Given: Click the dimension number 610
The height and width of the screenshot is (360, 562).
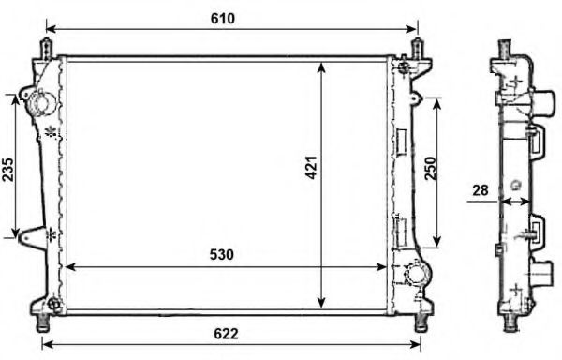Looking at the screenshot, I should (223, 18).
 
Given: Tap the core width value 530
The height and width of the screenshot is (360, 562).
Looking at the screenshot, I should (221, 254).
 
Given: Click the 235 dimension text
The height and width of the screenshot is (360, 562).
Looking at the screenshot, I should (8, 169).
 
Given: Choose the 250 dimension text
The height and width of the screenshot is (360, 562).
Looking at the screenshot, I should (431, 168).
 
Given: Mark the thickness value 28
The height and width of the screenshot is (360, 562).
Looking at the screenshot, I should (481, 190).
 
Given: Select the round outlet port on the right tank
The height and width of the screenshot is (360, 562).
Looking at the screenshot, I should (417, 276).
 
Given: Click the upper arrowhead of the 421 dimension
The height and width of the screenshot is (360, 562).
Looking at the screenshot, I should (321, 67).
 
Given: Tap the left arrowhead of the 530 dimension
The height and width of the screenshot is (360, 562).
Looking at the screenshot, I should (67, 267).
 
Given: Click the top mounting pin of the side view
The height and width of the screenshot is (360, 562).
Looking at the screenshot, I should (503, 47).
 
